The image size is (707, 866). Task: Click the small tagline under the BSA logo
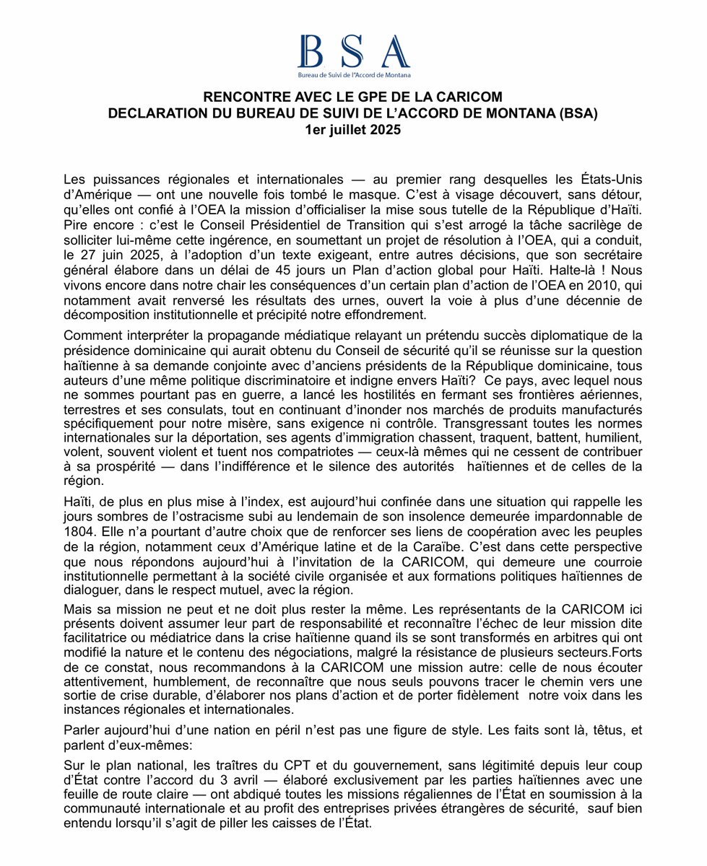pos(354,74)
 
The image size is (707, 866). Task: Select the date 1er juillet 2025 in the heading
pos(353,131)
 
